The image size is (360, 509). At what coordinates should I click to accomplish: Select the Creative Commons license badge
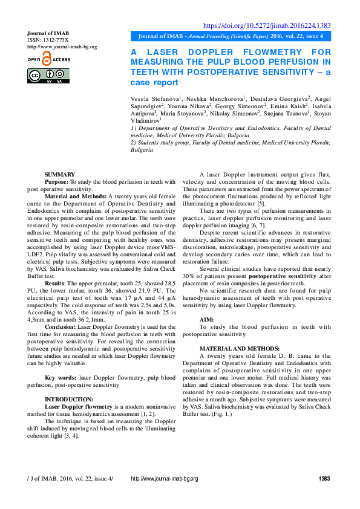point(48,76)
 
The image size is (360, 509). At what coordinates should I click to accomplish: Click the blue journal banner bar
point(231,36)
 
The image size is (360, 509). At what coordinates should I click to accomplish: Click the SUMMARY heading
point(60,174)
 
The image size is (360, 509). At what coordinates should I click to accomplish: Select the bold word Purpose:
point(57,181)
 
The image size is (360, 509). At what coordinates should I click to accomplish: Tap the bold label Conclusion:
point(61,326)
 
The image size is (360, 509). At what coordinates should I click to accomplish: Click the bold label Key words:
point(61,377)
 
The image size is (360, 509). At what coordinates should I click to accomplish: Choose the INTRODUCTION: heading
point(69,399)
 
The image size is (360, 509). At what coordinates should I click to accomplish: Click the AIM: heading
point(206,319)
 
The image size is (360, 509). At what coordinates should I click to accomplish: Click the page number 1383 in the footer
point(324,479)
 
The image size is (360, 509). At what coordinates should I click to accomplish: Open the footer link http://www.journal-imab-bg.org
point(165,479)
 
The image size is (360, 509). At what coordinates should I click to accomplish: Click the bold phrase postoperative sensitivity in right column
point(269,276)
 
